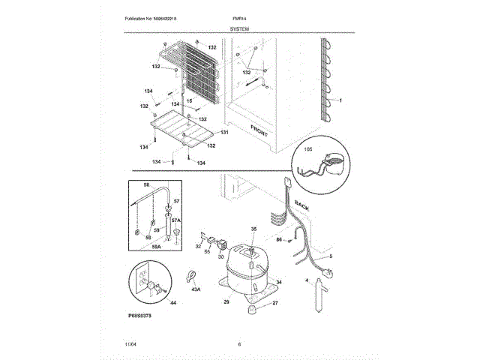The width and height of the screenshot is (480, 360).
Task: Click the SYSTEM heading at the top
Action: (240, 27)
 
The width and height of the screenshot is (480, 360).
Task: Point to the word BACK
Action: (302, 205)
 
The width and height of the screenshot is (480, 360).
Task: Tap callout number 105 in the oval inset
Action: (306, 150)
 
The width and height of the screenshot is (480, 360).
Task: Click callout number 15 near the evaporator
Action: (190, 100)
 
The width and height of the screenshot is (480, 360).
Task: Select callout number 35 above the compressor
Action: (253, 229)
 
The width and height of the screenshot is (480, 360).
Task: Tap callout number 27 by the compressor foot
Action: (274, 303)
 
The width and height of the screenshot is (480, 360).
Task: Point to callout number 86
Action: (278, 239)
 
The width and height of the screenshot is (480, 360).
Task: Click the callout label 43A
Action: (196, 289)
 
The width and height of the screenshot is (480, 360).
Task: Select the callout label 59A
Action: (156, 246)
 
